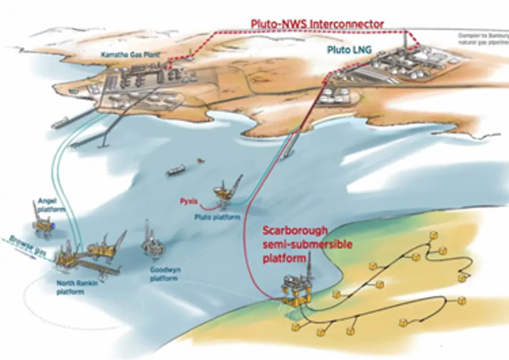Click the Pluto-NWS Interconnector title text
(x=317, y=23)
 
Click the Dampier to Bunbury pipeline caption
(x=483, y=38)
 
